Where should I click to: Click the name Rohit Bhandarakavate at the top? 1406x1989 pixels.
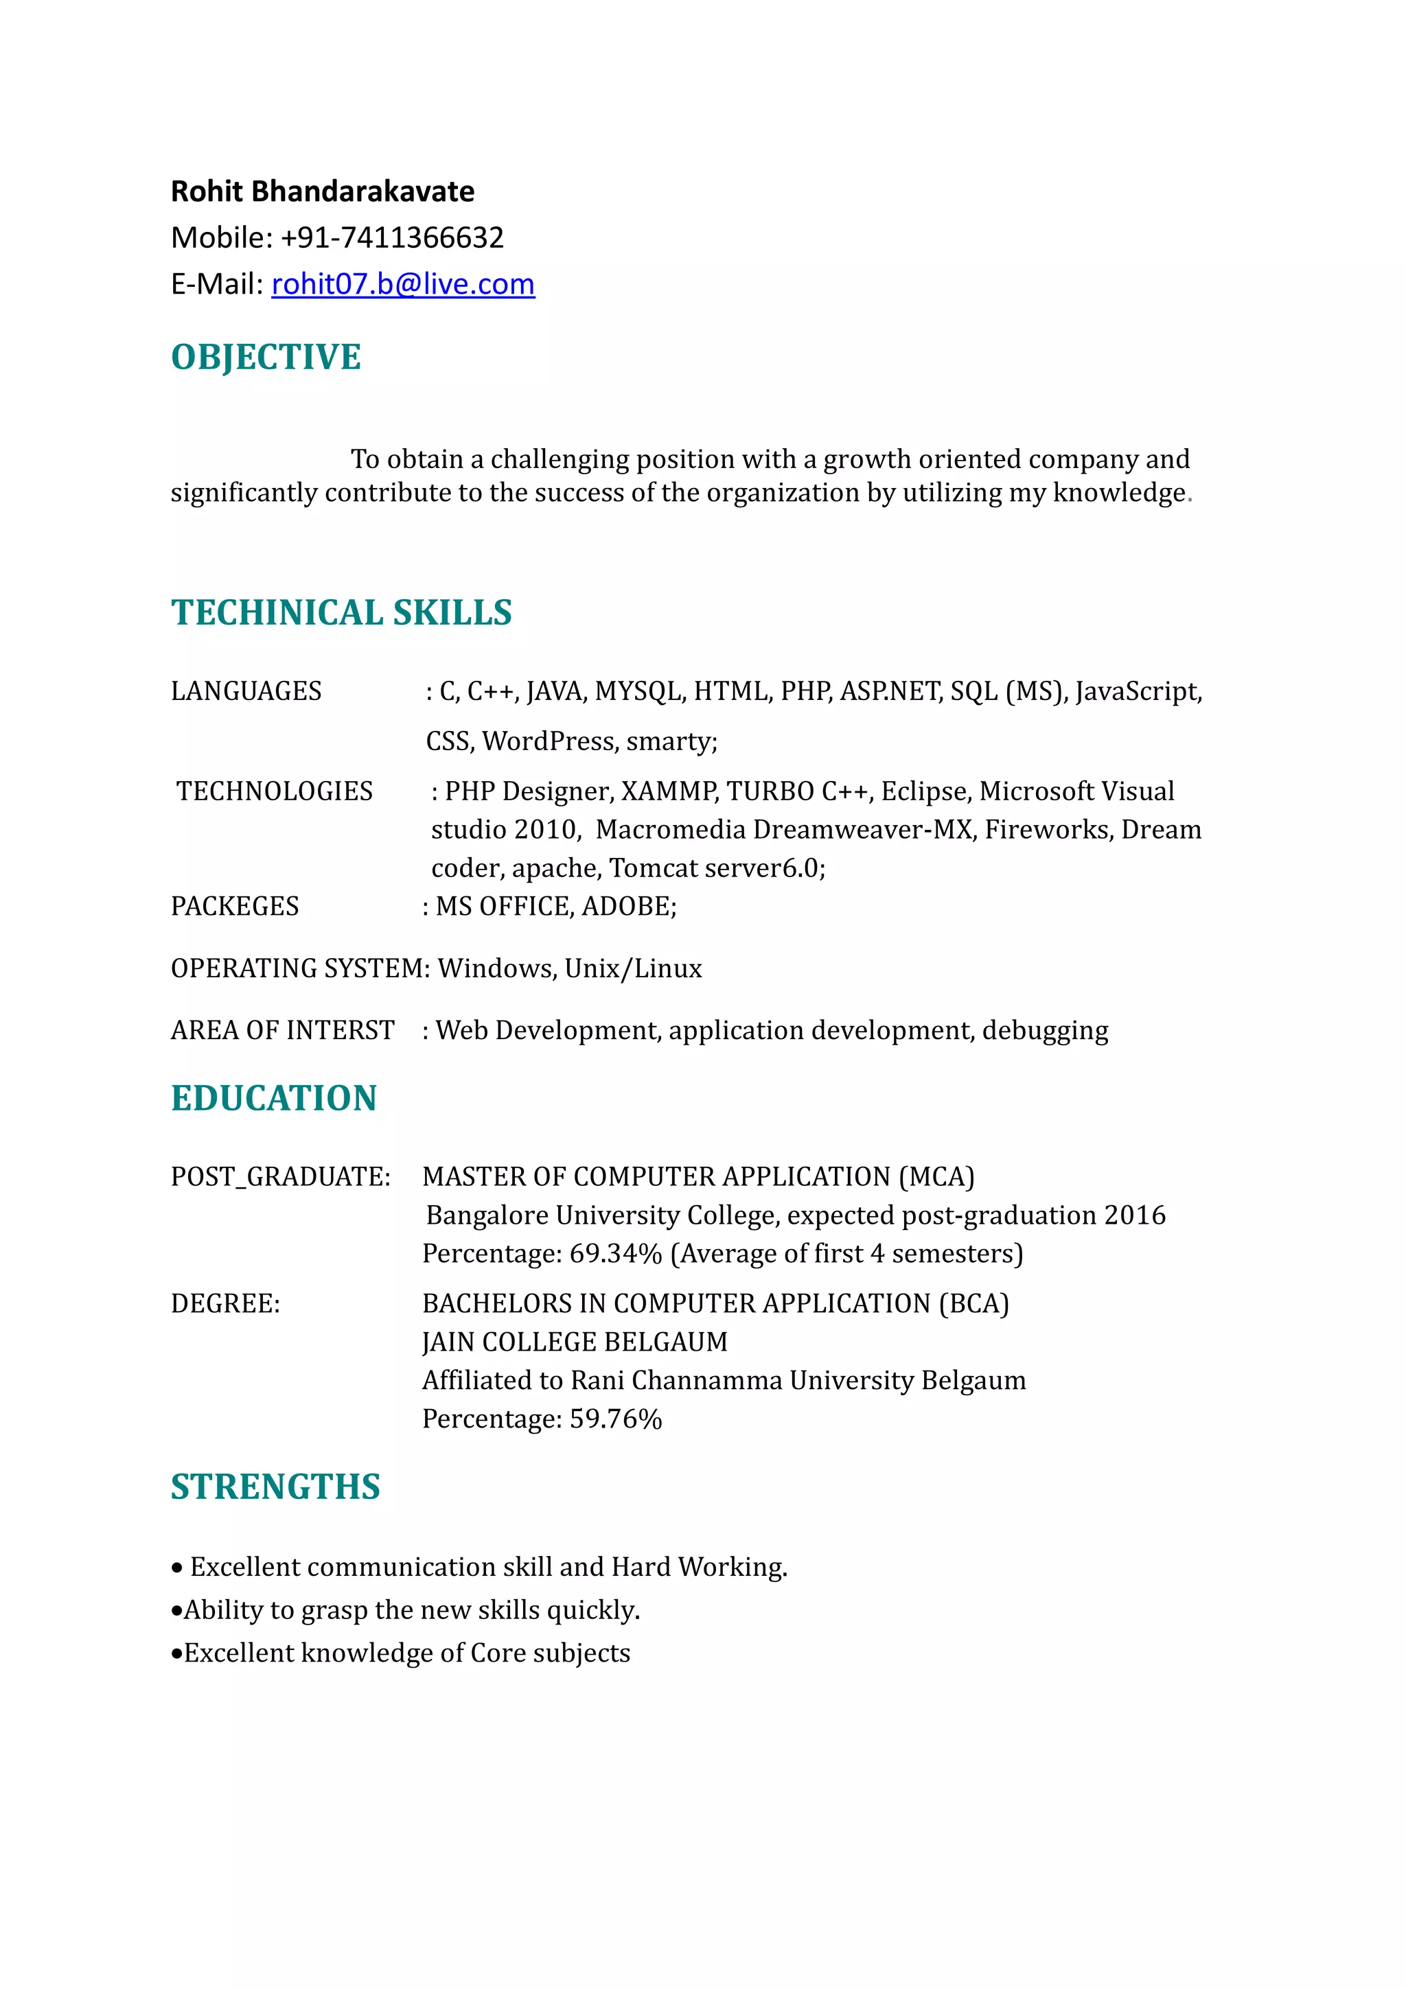click(322, 191)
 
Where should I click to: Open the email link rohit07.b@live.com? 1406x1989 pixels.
click(403, 284)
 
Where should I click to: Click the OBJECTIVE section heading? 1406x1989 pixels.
click(266, 357)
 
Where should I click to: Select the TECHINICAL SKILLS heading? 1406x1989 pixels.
click(341, 612)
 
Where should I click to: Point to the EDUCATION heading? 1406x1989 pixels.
click(274, 1097)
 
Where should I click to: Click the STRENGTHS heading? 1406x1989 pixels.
click(275, 1487)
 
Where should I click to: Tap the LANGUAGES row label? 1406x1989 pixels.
click(246, 691)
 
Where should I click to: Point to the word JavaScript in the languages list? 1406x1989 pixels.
click(1137, 691)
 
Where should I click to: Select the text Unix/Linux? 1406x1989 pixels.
click(633, 968)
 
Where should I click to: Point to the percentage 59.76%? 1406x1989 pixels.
click(615, 1419)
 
